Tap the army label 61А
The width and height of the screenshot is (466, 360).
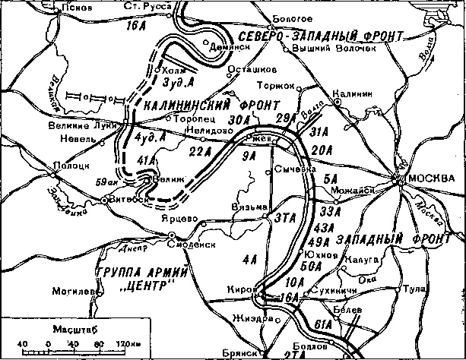pos(323,324)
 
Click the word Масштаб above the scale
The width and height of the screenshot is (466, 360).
pos(69,330)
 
